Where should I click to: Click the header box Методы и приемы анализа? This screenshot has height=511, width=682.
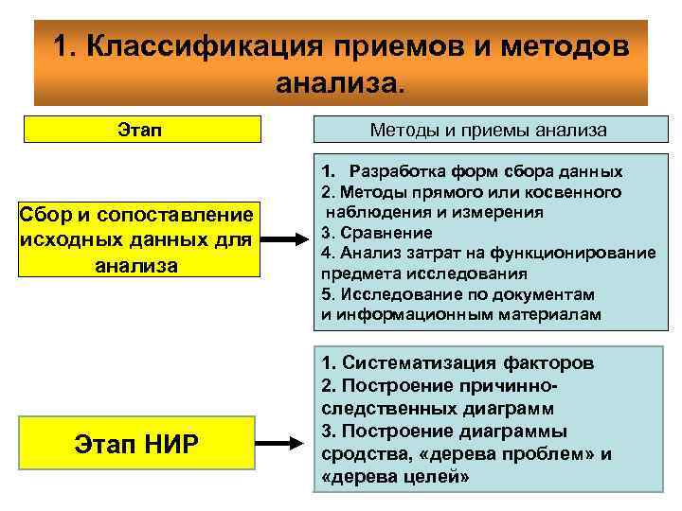tap(490, 130)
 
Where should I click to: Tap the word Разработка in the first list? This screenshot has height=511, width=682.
tap(396, 171)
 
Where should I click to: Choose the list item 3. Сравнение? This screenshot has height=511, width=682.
tap(364, 232)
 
